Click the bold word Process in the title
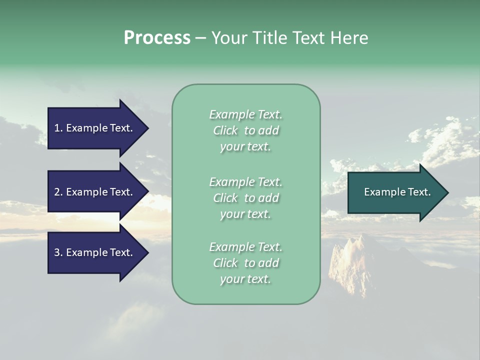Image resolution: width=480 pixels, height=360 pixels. tap(157, 38)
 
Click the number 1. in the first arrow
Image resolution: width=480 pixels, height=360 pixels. tap(58, 128)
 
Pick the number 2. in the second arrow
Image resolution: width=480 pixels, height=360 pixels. tap(58, 192)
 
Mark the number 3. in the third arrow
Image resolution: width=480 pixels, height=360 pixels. tap(58, 252)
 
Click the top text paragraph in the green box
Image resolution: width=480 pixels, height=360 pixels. tap(245, 130)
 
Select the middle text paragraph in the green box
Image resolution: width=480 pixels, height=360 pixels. tap(245, 198)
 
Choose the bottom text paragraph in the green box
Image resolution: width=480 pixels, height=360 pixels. tap(245, 263)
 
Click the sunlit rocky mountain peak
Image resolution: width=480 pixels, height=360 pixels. tap(350, 255)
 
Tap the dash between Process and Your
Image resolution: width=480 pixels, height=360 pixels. tap(200, 38)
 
